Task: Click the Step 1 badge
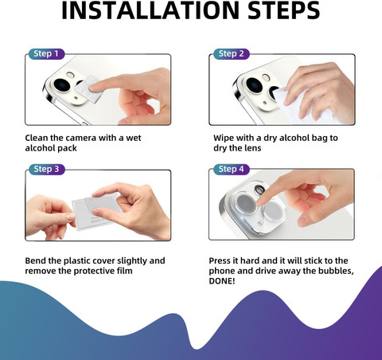pyautogui.click(x=46, y=54)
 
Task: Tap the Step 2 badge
pyautogui.click(x=232, y=54)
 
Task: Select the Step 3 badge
pyautogui.click(x=46, y=169)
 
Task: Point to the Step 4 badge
pyautogui.click(x=232, y=169)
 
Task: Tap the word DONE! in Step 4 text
pyautogui.click(x=222, y=281)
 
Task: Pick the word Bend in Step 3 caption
pyautogui.click(x=36, y=260)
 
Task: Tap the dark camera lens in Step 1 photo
pyautogui.click(x=62, y=85)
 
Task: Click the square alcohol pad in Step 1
pyautogui.click(x=88, y=89)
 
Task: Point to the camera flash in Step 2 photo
pyautogui.click(x=266, y=77)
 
